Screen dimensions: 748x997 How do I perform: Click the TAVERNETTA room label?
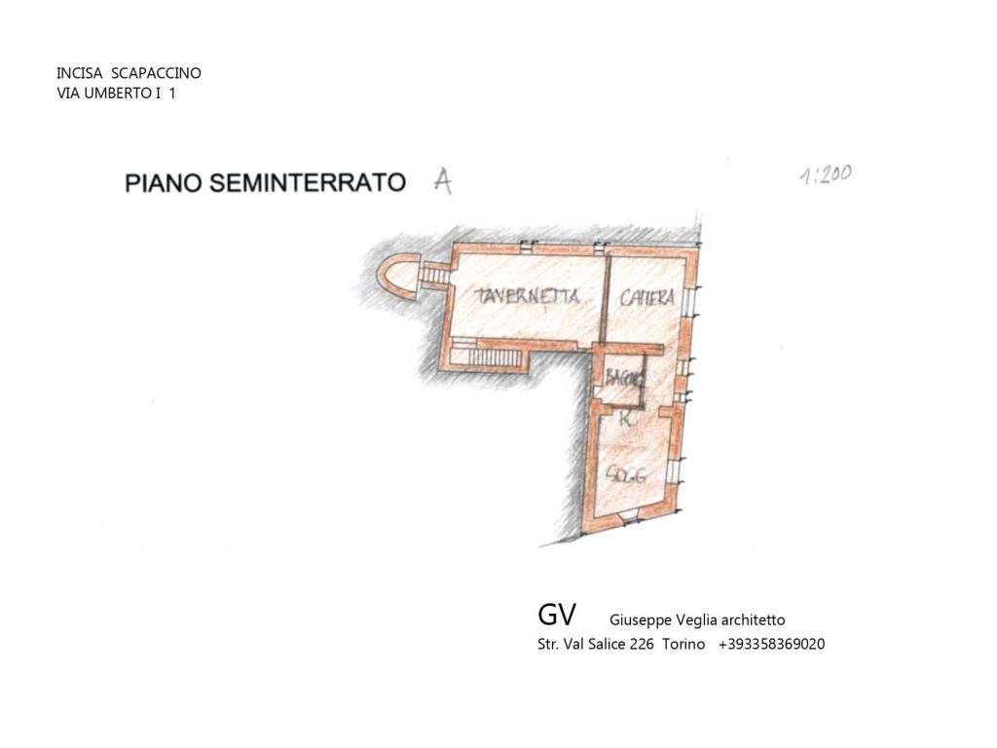point(528,297)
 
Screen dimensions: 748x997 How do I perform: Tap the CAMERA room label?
point(647,298)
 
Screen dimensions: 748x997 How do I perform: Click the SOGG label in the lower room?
point(627,474)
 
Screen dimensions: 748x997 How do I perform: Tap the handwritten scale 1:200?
point(826,175)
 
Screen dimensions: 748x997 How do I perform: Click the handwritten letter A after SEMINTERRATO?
point(442,181)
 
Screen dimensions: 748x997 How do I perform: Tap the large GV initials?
point(556,615)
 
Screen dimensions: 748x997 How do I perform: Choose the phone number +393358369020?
point(771,644)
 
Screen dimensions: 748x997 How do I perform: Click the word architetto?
point(749,619)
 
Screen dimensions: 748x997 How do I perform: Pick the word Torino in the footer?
point(683,644)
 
